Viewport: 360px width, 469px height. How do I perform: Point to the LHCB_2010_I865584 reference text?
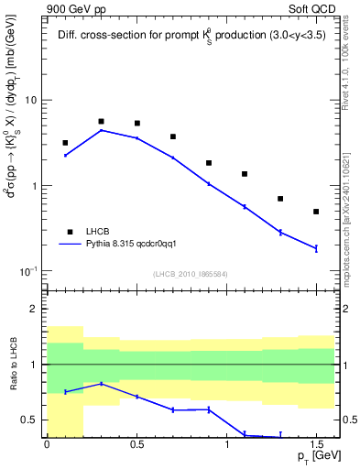189,274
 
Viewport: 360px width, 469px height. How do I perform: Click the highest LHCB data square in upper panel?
101,121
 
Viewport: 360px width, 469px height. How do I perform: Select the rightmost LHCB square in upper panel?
316,212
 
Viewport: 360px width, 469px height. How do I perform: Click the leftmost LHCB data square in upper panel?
65,143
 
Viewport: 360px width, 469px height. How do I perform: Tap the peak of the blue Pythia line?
101,130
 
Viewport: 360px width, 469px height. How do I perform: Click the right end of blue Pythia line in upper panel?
316,248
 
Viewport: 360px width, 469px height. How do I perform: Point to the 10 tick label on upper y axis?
33,100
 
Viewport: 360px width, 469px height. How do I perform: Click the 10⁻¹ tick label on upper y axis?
30,271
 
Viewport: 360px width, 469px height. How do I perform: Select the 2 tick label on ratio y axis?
37,309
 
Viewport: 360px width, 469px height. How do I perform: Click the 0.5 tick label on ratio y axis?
33,420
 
